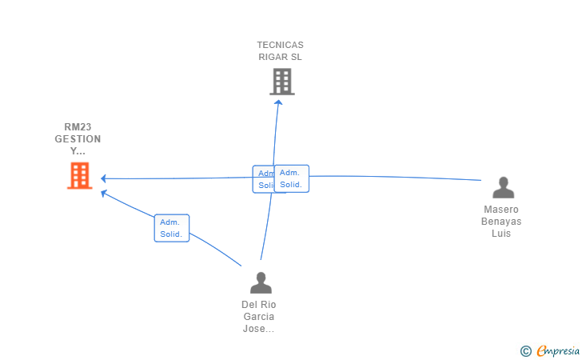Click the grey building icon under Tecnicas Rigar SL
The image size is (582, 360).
coord(281,82)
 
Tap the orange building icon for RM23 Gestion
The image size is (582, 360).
coord(79,175)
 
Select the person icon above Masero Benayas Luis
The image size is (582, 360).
coord(503,188)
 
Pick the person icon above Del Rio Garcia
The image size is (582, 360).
coord(261,282)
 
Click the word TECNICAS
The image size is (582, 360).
coord(280,45)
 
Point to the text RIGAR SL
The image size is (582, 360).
coord(280,57)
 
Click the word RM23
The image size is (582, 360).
coord(78,127)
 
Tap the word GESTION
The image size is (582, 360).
coord(78,139)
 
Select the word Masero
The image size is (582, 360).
coord(501,210)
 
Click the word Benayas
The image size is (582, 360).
coord(501,222)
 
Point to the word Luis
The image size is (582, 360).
coord(501,234)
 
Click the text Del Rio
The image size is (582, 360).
coord(259,305)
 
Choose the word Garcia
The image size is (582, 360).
coord(259,317)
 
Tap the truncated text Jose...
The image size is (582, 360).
coord(259,329)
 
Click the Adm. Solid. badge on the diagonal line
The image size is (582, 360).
coord(172,228)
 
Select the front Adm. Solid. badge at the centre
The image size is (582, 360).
coord(291,178)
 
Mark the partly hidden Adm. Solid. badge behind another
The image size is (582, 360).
coord(262,179)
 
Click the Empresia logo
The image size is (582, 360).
coord(558,350)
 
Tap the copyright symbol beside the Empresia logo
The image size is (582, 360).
coord(525,350)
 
